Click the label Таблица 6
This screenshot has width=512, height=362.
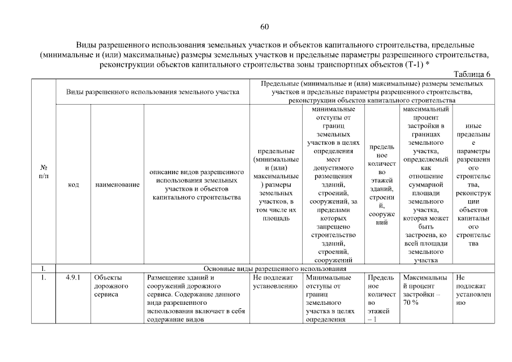473,74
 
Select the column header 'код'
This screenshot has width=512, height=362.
73,185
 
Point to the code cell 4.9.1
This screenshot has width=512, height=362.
73,278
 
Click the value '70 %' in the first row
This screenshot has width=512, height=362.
411,303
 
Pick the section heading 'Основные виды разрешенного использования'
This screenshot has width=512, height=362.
274,269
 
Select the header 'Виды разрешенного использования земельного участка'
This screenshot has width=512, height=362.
152,92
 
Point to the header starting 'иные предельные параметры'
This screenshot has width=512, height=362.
474,184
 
